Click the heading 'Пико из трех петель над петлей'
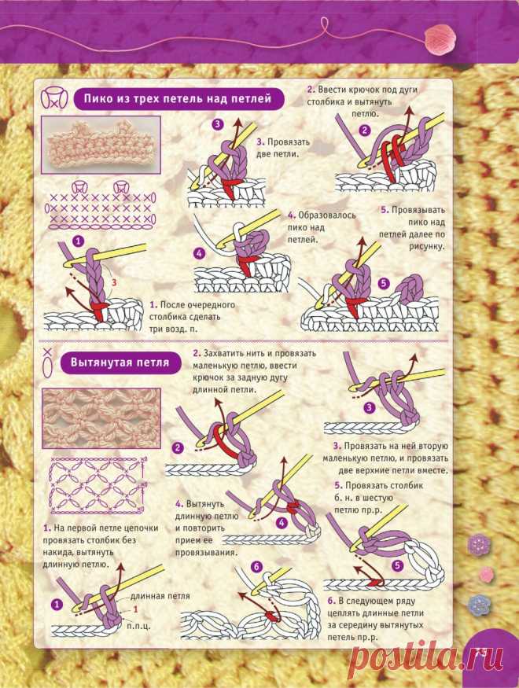coord(178,98)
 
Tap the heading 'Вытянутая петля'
coord(120,362)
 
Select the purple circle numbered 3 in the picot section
coord(218,124)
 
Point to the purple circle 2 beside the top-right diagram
coord(365,130)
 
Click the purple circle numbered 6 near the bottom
coord(256,567)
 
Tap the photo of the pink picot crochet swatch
coord(101,145)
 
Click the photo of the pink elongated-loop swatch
coord(101,418)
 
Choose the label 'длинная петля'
coord(160,595)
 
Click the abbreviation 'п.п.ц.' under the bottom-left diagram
coord(138,626)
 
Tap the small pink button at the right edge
coord(487,573)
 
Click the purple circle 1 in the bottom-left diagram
coord(57,605)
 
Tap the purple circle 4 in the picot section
coord(200,253)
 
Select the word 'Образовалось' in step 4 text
coord(327,215)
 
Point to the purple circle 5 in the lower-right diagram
coord(397,565)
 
